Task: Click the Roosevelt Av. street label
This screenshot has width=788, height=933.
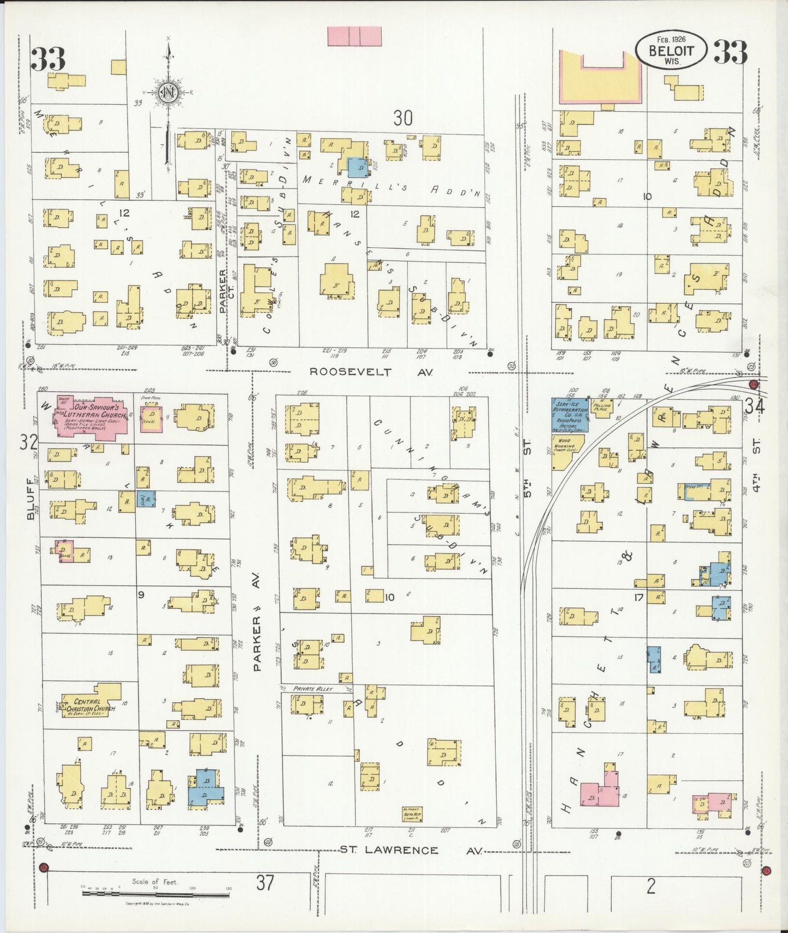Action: (371, 372)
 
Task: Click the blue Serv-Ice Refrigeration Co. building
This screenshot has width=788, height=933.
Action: (569, 415)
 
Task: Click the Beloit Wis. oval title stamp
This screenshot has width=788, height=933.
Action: (671, 50)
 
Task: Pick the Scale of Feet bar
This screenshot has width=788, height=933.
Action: (155, 894)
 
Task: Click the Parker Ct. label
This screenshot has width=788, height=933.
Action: (222, 291)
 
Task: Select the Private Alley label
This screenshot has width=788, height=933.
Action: (313, 689)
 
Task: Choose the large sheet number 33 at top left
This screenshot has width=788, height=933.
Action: (48, 59)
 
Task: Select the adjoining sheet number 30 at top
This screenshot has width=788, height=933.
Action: (403, 117)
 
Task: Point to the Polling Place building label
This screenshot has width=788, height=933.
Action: (604, 407)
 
